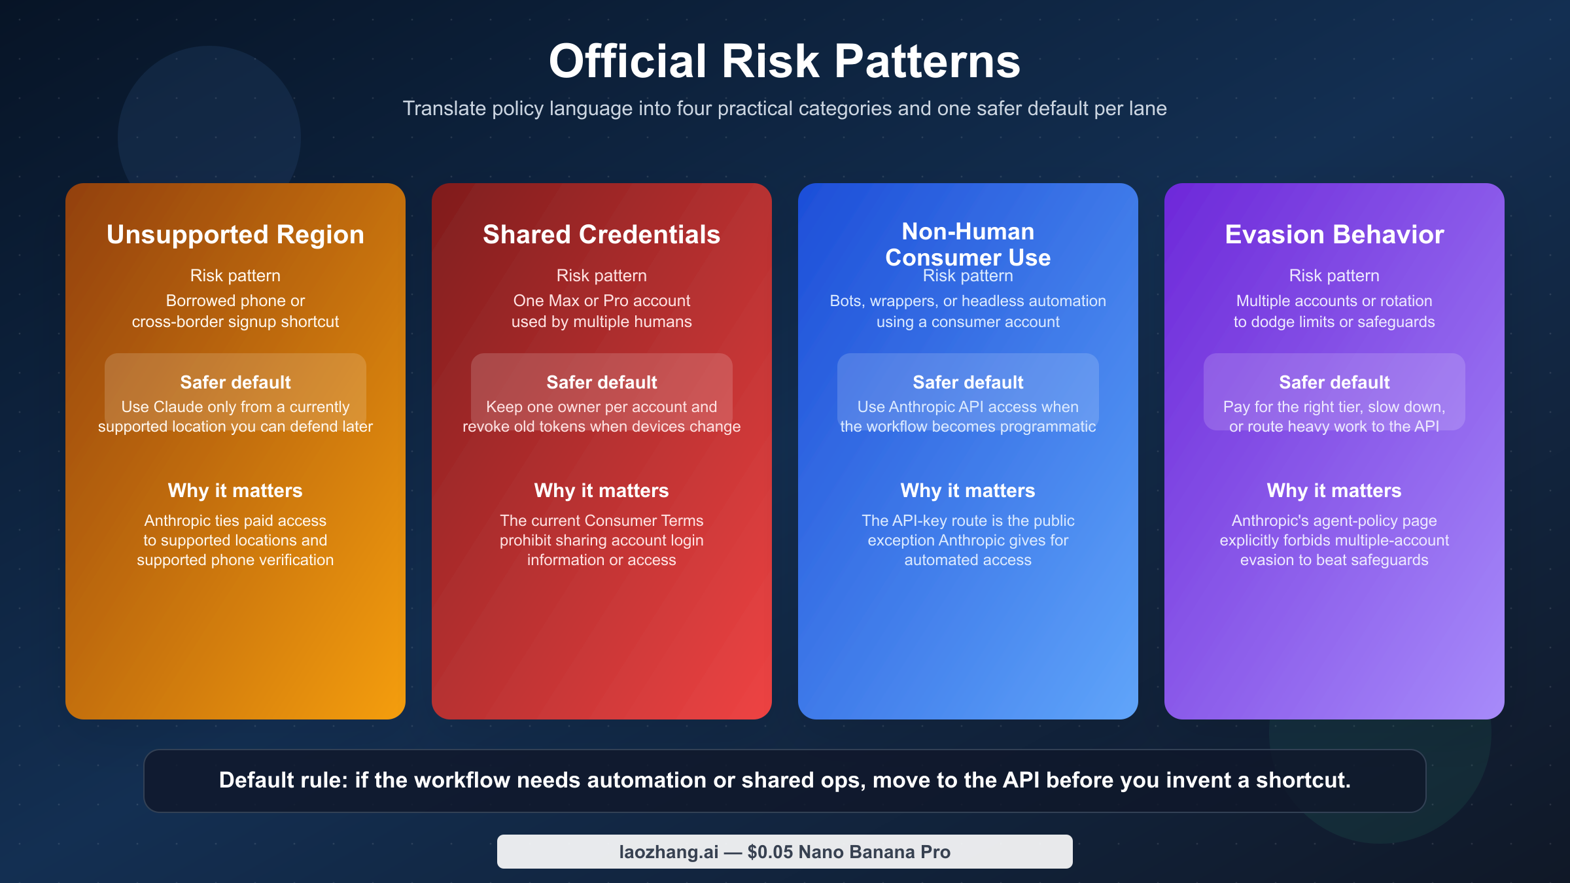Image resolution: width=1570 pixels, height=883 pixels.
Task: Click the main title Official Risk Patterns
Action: [784, 61]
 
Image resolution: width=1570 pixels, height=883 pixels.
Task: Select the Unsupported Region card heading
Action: [235, 234]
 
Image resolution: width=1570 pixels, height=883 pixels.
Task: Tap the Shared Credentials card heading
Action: [601, 234]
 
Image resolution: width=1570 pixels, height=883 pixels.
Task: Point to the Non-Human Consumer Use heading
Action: [968, 244]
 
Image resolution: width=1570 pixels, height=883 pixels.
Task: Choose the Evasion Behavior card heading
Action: [1334, 234]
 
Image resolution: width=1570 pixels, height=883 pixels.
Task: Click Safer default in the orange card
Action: [235, 382]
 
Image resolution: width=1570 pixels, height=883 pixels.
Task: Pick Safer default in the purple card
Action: [1334, 382]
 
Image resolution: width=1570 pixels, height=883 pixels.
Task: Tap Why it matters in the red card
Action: [601, 491]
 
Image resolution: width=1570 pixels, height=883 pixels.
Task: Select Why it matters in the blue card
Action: [968, 491]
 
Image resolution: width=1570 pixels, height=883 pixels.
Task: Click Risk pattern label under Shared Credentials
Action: [601, 275]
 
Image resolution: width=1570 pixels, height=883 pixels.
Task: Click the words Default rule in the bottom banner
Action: [283, 780]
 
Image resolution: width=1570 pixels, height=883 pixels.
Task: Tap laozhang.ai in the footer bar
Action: [669, 852]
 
